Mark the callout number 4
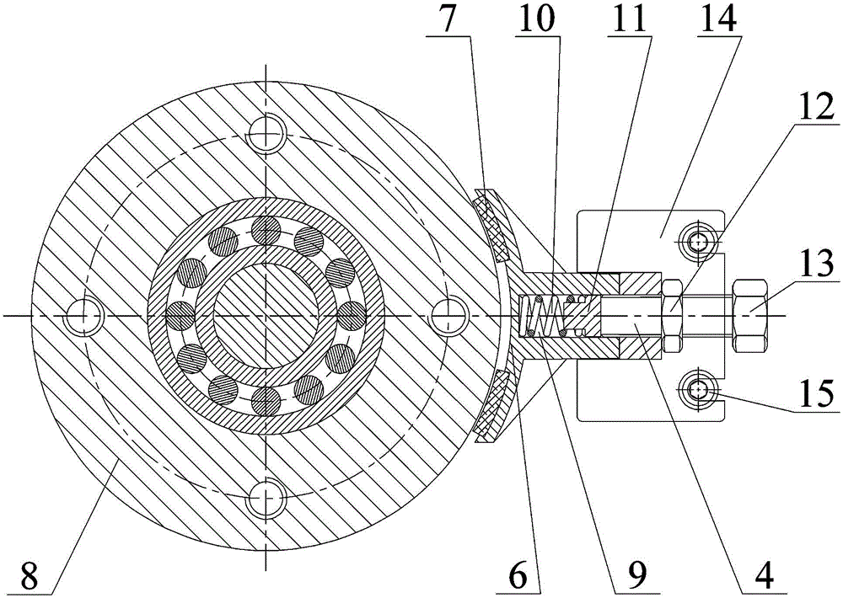click(762, 576)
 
